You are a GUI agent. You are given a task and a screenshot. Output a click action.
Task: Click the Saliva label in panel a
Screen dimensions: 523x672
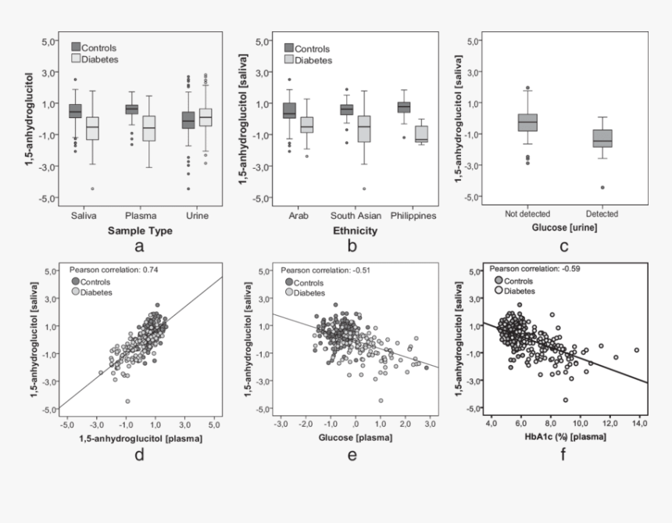click(83, 215)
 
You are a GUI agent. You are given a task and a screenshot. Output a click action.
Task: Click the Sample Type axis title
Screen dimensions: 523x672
click(139, 231)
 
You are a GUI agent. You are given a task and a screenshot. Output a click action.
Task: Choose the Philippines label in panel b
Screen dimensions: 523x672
click(412, 215)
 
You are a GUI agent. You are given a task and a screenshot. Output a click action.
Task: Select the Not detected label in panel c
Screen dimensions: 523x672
click(527, 213)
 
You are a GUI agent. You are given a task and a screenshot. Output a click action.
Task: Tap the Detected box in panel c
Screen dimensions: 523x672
click(602, 138)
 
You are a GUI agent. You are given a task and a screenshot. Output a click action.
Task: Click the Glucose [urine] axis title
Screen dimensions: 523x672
click(564, 228)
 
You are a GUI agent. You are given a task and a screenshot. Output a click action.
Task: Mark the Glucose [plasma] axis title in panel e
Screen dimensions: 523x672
click(352, 438)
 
